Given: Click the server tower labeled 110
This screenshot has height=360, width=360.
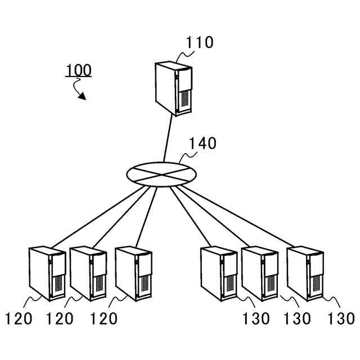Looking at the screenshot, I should tap(173, 89).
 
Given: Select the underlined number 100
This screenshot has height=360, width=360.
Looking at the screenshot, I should tap(78, 70).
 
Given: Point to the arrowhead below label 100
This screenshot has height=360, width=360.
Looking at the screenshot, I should tap(82, 96).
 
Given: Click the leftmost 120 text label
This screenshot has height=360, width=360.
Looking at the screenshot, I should tap(19, 319).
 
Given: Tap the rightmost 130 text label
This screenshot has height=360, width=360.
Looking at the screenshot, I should tap(341, 319).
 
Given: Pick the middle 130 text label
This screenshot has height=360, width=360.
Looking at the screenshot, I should tap(296, 319).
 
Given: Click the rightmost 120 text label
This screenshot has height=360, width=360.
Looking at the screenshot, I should tap(103, 319).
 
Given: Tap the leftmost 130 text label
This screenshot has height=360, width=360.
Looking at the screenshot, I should tap(256, 319).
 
